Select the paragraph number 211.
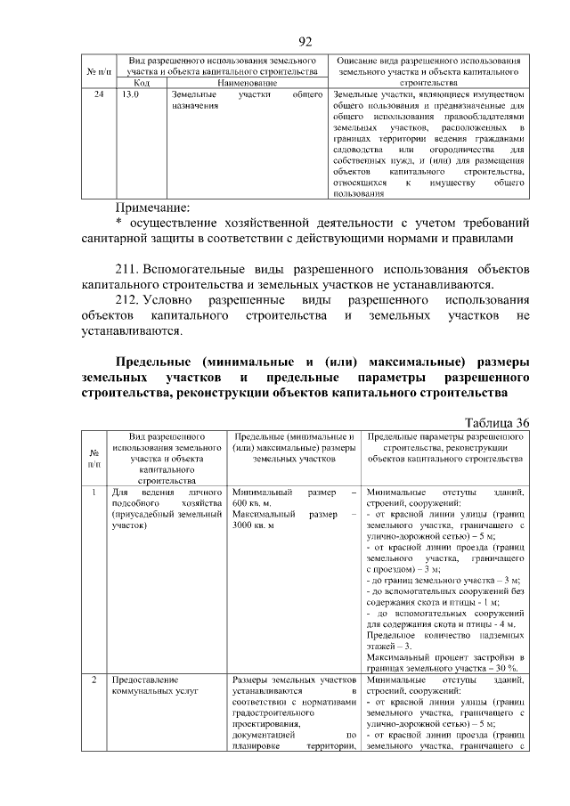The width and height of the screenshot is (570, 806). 128,268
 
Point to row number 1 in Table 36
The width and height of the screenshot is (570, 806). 94,492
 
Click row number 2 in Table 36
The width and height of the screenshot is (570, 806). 94,679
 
